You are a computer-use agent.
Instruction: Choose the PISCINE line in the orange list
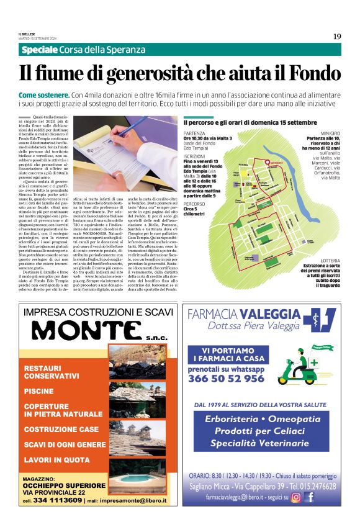(x=38, y=392)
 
